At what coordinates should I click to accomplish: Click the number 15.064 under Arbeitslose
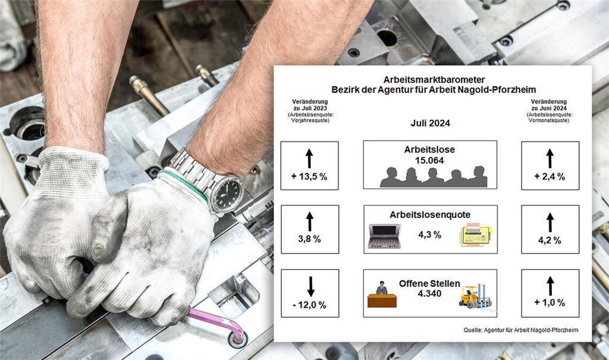[x=429, y=160]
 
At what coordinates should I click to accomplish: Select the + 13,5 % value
[x=309, y=176]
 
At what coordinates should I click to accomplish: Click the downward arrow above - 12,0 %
[x=310, y=286]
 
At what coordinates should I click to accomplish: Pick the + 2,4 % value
[x=550, y=176]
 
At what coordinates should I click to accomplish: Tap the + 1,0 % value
[x=550, y=303]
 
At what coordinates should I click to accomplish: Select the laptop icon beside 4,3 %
[x=384, y=236]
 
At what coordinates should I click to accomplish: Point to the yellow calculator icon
[x=475, y=235]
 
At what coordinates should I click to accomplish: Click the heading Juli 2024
[x=430, y=124]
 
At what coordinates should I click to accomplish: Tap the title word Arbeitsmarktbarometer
[x=430, y=79]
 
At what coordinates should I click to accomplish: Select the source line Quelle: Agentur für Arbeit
[x=521, y=330]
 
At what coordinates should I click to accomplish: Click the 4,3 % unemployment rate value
[x=429, y=234]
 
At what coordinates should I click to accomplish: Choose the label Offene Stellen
[x=429, y=283]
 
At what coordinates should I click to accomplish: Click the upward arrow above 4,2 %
[x=550, y=222]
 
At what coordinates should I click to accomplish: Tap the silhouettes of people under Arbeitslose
[x=433, y=177]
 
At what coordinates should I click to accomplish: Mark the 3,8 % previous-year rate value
[x=309, y=239]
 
